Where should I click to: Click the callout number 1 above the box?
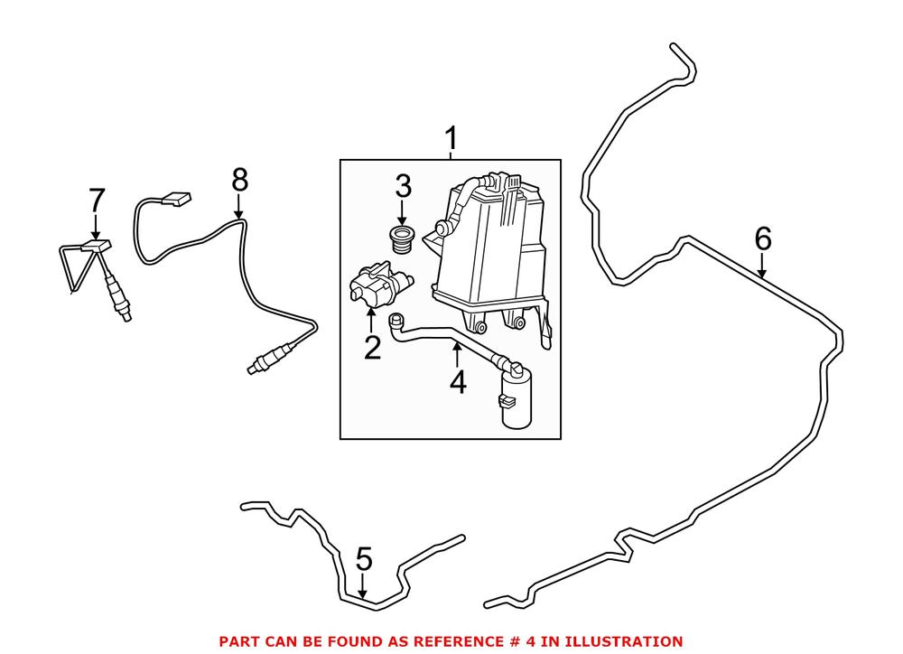tap(451, 140)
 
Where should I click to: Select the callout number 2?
tap(372, 347)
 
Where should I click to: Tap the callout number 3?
tap(403, 187)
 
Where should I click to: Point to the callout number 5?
tap(363, 559)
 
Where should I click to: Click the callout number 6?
tap(763, 238)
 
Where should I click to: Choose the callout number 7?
tap(96, 200)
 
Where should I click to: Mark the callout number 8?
tap(239, 180)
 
